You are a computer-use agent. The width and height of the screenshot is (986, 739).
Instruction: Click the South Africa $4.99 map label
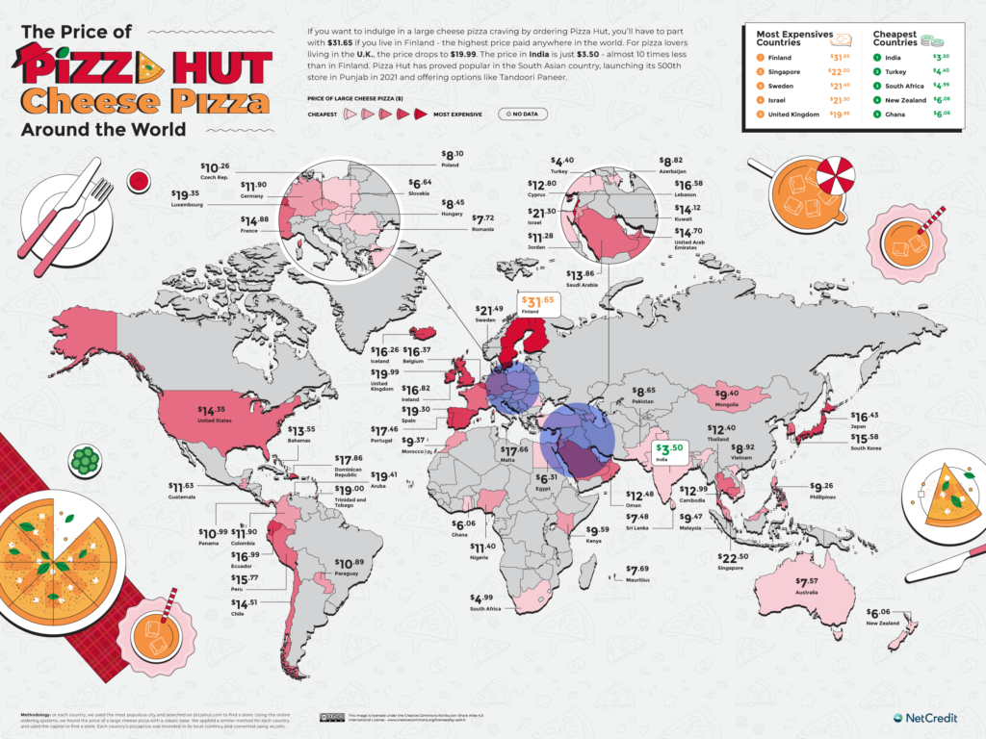pyautogui.click(x=485, y=601)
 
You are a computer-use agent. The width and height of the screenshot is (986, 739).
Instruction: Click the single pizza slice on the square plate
pyautogui.click(x=948, y=494)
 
